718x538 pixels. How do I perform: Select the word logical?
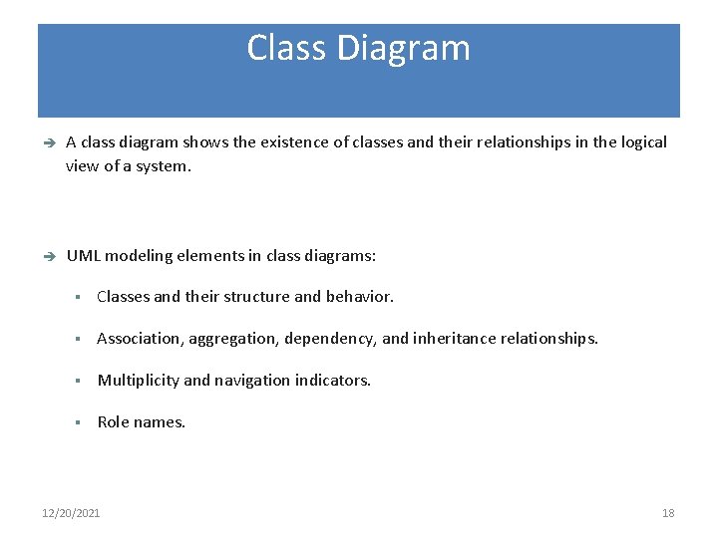pos(641,142)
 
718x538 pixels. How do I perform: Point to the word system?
pos(161,166)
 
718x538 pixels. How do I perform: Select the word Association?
pos(137,339)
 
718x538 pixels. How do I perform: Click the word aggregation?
pos(232,340)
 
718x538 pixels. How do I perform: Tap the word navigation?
pos(252,381)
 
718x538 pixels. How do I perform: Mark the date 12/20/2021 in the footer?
pos(71,513)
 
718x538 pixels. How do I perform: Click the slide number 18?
pos(668,513)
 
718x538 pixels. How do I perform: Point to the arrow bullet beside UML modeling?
pos(47,257)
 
